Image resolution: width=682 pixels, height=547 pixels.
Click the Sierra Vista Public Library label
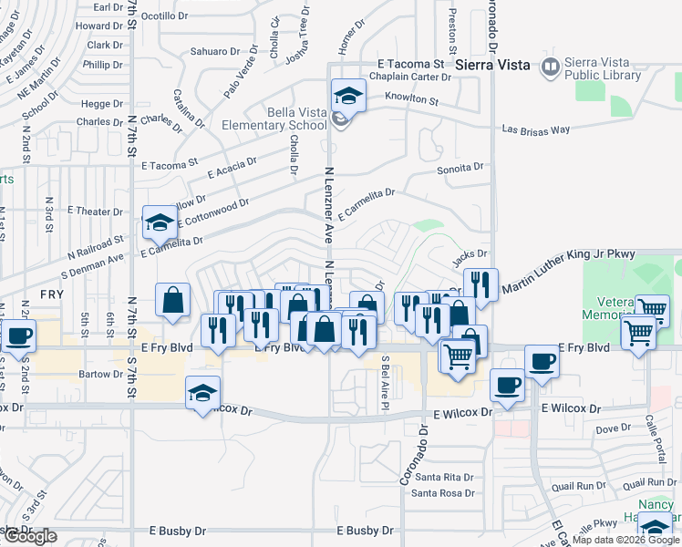coord(603,68)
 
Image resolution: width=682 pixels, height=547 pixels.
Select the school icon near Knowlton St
coord(348,94)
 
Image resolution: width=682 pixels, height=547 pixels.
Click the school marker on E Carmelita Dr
coord(160,222)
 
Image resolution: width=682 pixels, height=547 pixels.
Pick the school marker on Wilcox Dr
coord(202,393)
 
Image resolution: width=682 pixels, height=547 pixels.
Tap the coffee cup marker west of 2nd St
coord(17,335)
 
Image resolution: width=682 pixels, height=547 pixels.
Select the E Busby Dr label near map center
coord(365,530)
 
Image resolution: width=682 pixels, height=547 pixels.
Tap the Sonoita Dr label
coord(460,168)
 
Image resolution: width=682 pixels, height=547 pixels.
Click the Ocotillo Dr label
coord(164,15)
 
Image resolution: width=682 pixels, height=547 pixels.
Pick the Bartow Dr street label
coord(100,375)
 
